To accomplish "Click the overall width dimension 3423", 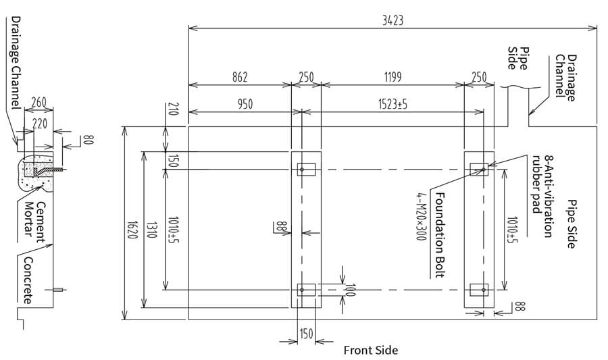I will (392, 20).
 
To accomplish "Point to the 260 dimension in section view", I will (39, 103).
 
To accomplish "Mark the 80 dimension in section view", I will (87, 140).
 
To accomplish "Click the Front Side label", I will (370, 350).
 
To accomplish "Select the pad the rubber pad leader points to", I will (479, 169).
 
